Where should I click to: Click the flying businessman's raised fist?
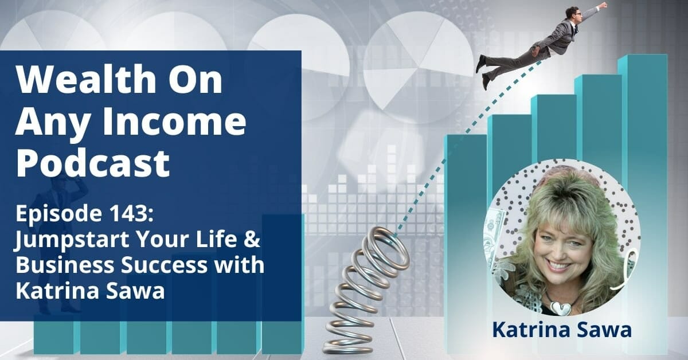click(602, 5)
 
